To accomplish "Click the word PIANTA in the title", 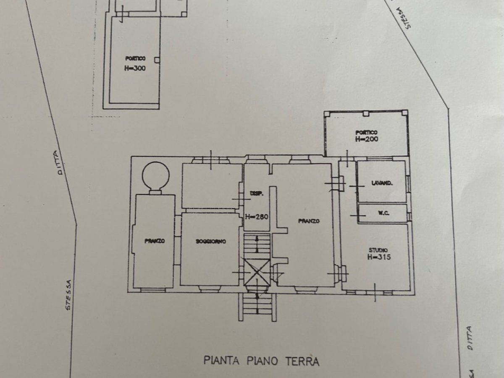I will coord(222,360).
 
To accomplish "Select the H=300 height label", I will coord(135,68).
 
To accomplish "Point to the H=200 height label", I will coord(365,138).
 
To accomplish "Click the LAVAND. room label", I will coord(382,183).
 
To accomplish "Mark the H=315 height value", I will coord(379,257).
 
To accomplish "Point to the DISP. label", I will coord(256,194).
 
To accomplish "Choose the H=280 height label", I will coord(257,217).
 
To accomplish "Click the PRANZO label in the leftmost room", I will coord(154,241).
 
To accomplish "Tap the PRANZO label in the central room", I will coord(309,221).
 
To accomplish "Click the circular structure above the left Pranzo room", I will coord(155,175).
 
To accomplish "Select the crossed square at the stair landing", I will coord(257,272).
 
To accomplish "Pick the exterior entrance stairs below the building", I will coord(258,307).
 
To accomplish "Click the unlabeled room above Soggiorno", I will coord(212,186).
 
